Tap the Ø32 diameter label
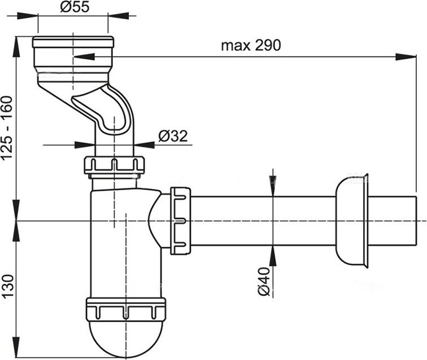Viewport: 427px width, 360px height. coord(173,136)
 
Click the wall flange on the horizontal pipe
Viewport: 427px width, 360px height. coord(352,221)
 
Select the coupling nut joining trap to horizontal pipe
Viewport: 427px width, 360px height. coord(180,220)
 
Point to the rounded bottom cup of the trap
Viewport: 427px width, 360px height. coord(125,339)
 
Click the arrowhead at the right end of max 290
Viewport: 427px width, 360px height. coord(406,56)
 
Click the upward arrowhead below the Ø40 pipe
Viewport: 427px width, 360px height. coord(272,257)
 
